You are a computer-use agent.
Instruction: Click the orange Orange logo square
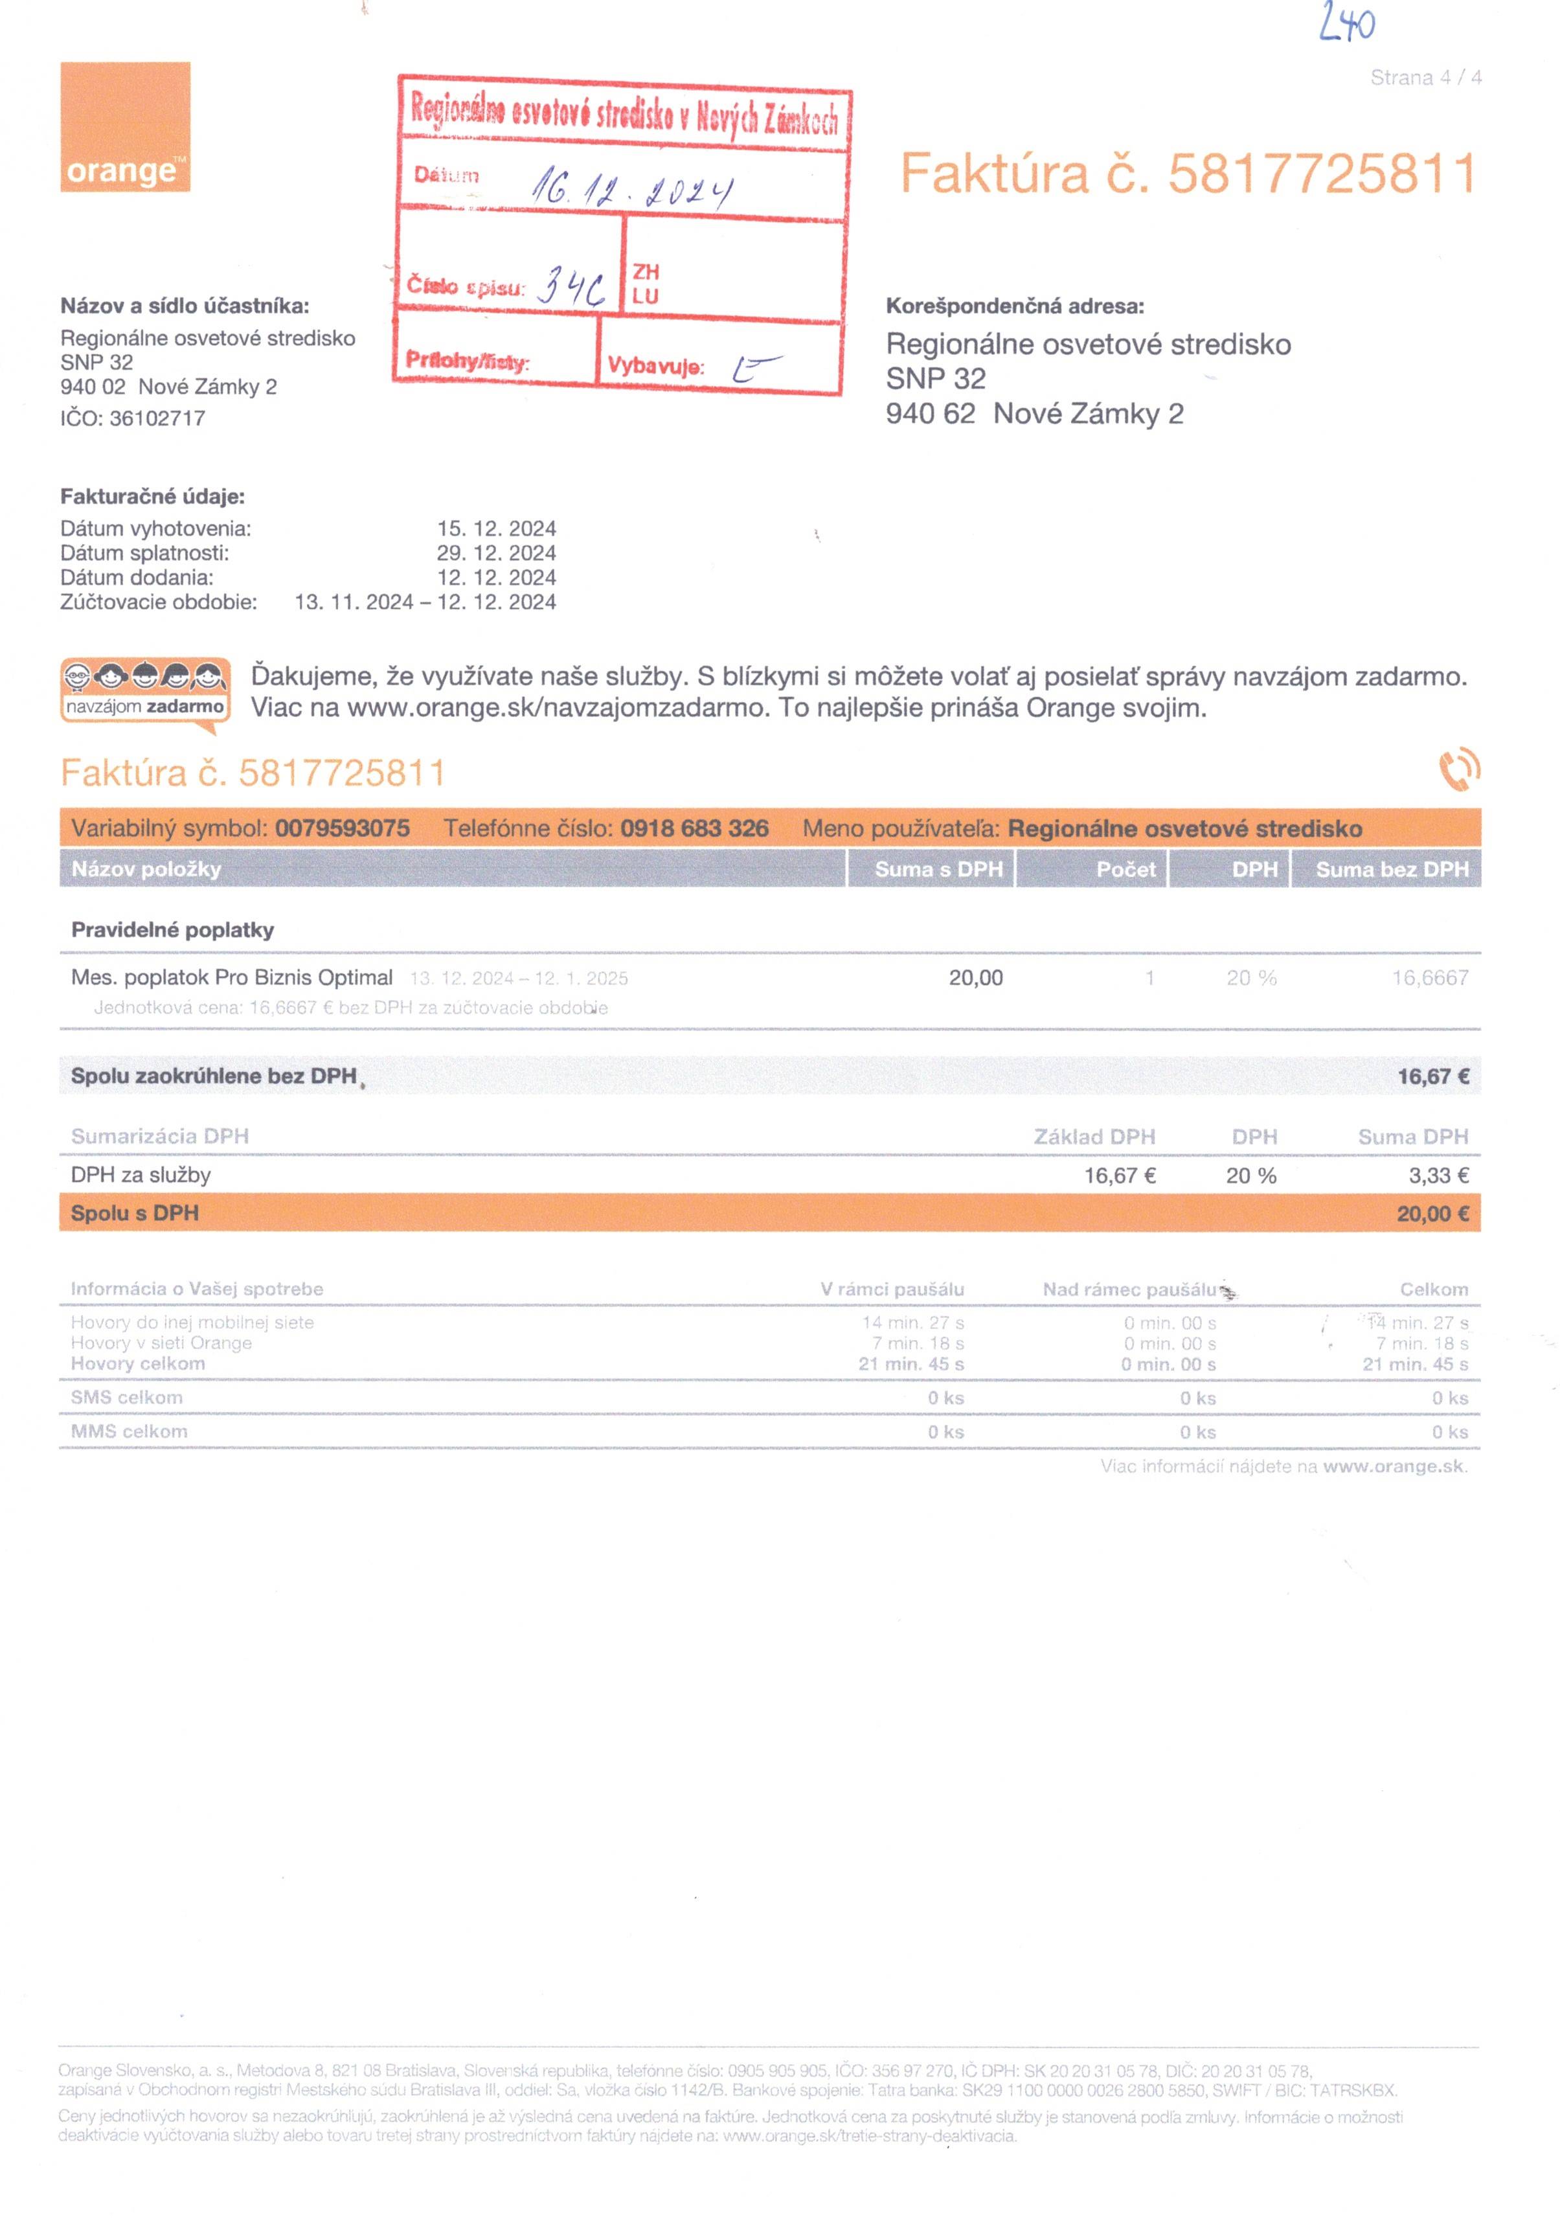coord(125,126)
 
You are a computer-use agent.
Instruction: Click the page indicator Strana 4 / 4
coord(1424,78)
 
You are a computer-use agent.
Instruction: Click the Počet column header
coord(1125,869)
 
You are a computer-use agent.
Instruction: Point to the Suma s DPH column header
coord(938,869)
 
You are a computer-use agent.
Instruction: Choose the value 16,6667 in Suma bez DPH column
coord(1429,977)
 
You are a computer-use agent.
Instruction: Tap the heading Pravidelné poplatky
coord(173,930)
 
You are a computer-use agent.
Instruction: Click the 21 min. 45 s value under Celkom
coord(1414,1363)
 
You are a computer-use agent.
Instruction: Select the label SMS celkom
coord(126,1397)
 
